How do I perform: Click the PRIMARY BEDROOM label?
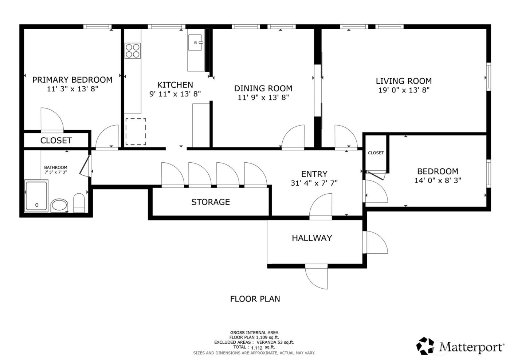tap(72, 80)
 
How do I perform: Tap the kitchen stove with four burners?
tap(133, 51)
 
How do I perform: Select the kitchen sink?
tap(196, 43)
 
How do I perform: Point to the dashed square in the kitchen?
tap(136, 131)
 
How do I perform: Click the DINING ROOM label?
tap(263, 88)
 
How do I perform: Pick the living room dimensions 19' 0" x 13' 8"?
tap(404, 90)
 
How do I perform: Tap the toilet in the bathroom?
tap(79, 203)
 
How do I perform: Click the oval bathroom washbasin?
tap(59, 206)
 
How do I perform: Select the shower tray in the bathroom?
tap(36, 196)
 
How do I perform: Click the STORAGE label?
tap(211, 202)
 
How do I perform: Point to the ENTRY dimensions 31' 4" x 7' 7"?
tap(314, 183)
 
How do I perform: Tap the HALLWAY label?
tap(312, 238)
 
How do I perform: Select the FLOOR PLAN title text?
tap(255, 299)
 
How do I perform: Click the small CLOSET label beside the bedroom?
tap(376, 153)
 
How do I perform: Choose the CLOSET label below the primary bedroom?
tap(56, 141)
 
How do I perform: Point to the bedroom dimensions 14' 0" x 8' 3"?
tap(438, 180)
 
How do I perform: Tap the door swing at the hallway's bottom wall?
tap(316, 277)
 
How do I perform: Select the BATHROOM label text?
tap(56, 167)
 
